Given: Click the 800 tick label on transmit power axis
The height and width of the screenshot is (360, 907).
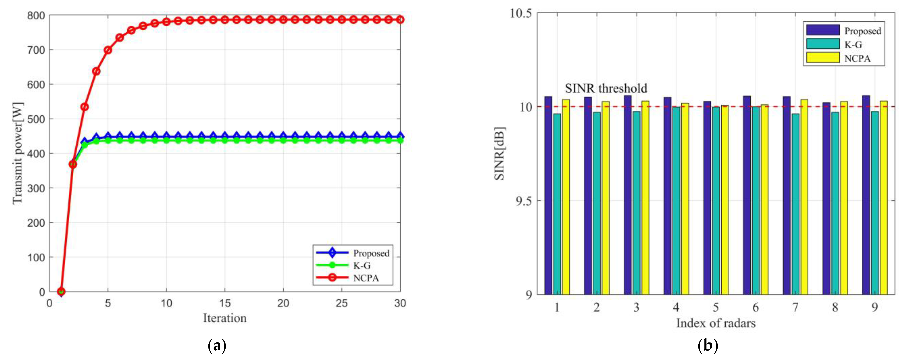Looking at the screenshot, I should click(x=36, y=16).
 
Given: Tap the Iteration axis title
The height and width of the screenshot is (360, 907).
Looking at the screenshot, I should click(x=225, y=318).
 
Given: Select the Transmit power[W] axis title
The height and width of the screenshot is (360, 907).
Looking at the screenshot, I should click(x=18, y=153).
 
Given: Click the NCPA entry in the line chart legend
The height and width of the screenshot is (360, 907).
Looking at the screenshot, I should click(x=366, y=278).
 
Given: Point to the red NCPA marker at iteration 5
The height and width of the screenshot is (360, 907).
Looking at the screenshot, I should click(x=108, y=50).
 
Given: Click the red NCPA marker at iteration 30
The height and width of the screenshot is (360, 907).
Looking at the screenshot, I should click(x=400, y=20).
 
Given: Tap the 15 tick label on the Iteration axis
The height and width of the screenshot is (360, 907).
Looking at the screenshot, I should click(x=225, y=303).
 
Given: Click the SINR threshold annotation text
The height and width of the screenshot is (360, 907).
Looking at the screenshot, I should click(x=606, y=88).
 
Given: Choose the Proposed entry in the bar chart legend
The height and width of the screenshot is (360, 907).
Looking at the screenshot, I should click(x=862, y=31).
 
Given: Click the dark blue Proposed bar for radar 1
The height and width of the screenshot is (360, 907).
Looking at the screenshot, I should click(x=548, y=195).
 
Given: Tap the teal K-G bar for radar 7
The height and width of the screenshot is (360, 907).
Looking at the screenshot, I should click(x=795, y=204).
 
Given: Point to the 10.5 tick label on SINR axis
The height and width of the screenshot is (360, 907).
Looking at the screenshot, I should click(x=520, y=13).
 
